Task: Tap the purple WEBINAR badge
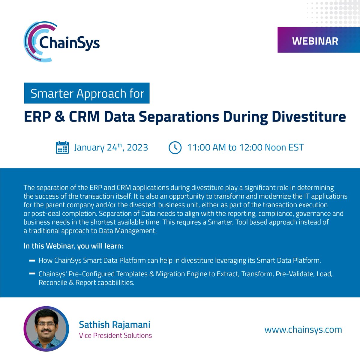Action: click(315, 41)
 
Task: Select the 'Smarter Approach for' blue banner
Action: click(87, 94)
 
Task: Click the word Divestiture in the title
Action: click(309, 117)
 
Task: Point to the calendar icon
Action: click(62, 148)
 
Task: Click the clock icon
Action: click(175, 148)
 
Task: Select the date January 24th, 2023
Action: click(111, 148)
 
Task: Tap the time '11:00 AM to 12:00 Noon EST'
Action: click(245, 148)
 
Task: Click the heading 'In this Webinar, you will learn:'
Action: click(73, 246)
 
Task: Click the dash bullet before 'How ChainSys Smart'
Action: click(32, 261)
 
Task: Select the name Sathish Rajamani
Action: click(115, 324)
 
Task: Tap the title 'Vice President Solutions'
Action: click(115, 335)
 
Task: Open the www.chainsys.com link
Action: click(303, 330)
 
